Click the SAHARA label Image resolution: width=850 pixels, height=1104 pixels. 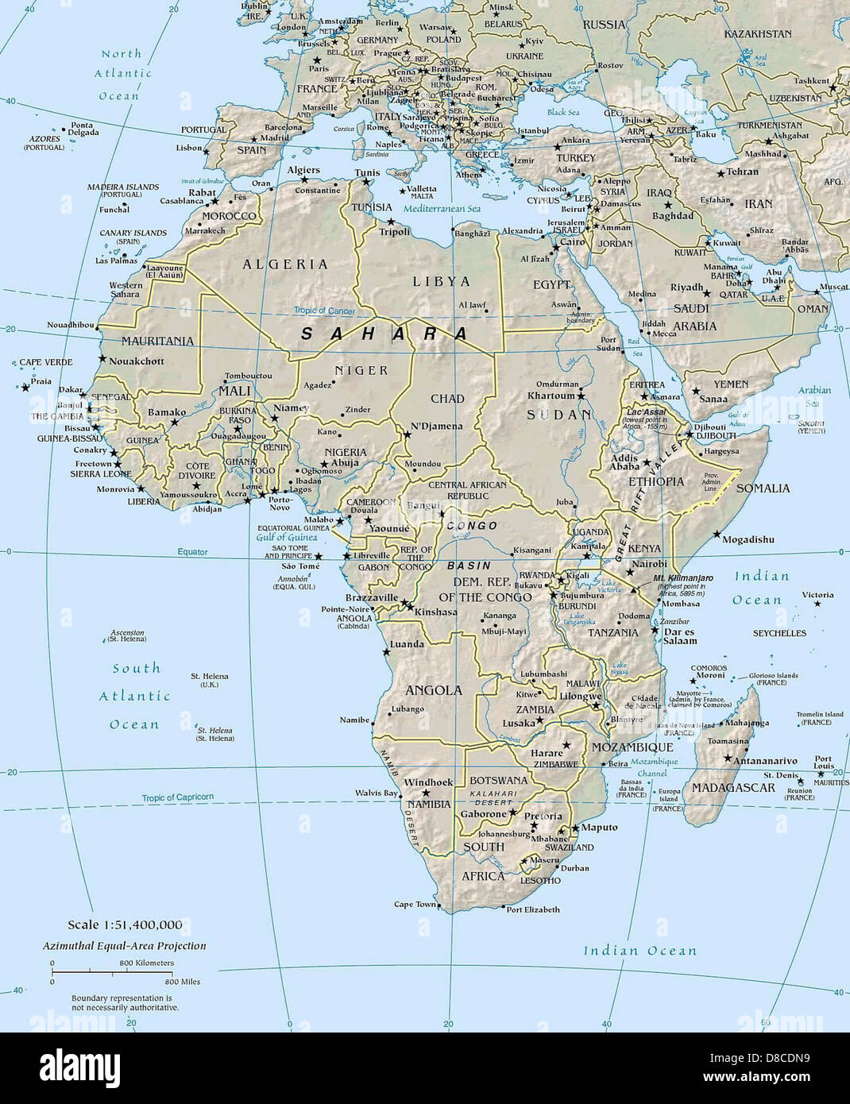click(x=385, y=334)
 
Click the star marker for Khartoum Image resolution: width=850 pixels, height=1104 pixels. click(x=581, y=396)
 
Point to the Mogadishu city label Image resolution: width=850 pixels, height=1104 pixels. click(x=748, y=539)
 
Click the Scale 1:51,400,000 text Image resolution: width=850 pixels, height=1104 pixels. click(x=125, y=925)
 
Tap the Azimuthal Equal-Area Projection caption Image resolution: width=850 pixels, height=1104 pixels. click(x=125, y=946)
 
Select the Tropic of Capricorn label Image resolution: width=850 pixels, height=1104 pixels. click(x=178, y=797)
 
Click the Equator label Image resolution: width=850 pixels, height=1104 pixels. click(x=192, y=551)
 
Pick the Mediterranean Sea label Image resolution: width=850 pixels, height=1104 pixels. click(x=442, y=208)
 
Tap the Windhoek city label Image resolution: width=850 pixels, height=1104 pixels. click(x=428, y=782)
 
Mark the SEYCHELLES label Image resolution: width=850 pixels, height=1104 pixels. click(x=779, y=633)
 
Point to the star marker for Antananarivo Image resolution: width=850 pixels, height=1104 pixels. click(x=727, y=759)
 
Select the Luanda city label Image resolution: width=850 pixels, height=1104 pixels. click(x=407, y=644)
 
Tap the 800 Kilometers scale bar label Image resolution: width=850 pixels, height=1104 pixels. click(x=147, y=963)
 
